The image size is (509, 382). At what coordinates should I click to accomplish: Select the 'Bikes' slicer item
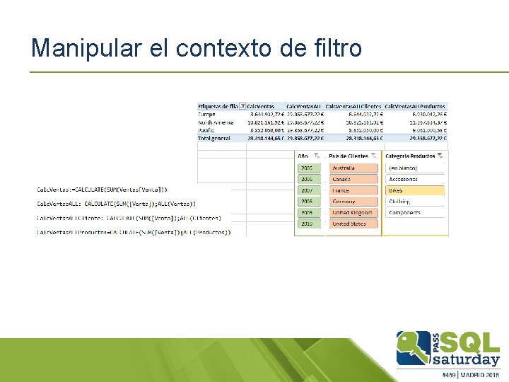coord(415,190)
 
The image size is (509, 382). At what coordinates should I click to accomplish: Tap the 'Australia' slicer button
coord(353,168)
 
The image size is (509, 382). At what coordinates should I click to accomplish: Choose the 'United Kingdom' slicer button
coord(353,212)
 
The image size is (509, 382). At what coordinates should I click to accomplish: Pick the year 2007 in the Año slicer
coord(307,190)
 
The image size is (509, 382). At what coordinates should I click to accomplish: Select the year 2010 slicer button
coord(307,224)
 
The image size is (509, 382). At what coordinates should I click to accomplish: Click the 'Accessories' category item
coord(415,179)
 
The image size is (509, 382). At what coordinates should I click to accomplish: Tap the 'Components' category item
coord(415,212)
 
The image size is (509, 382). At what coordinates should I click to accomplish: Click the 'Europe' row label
coord(207,114)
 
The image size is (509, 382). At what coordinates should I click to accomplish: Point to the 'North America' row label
coord(215,122)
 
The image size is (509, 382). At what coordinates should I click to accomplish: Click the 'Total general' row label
coord(215,138)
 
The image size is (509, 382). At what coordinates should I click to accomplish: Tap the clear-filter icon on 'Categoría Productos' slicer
coord(440,156)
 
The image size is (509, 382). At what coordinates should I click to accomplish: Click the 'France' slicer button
coord(353,190)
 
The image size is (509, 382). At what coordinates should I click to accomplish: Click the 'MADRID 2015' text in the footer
coord(481,374)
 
